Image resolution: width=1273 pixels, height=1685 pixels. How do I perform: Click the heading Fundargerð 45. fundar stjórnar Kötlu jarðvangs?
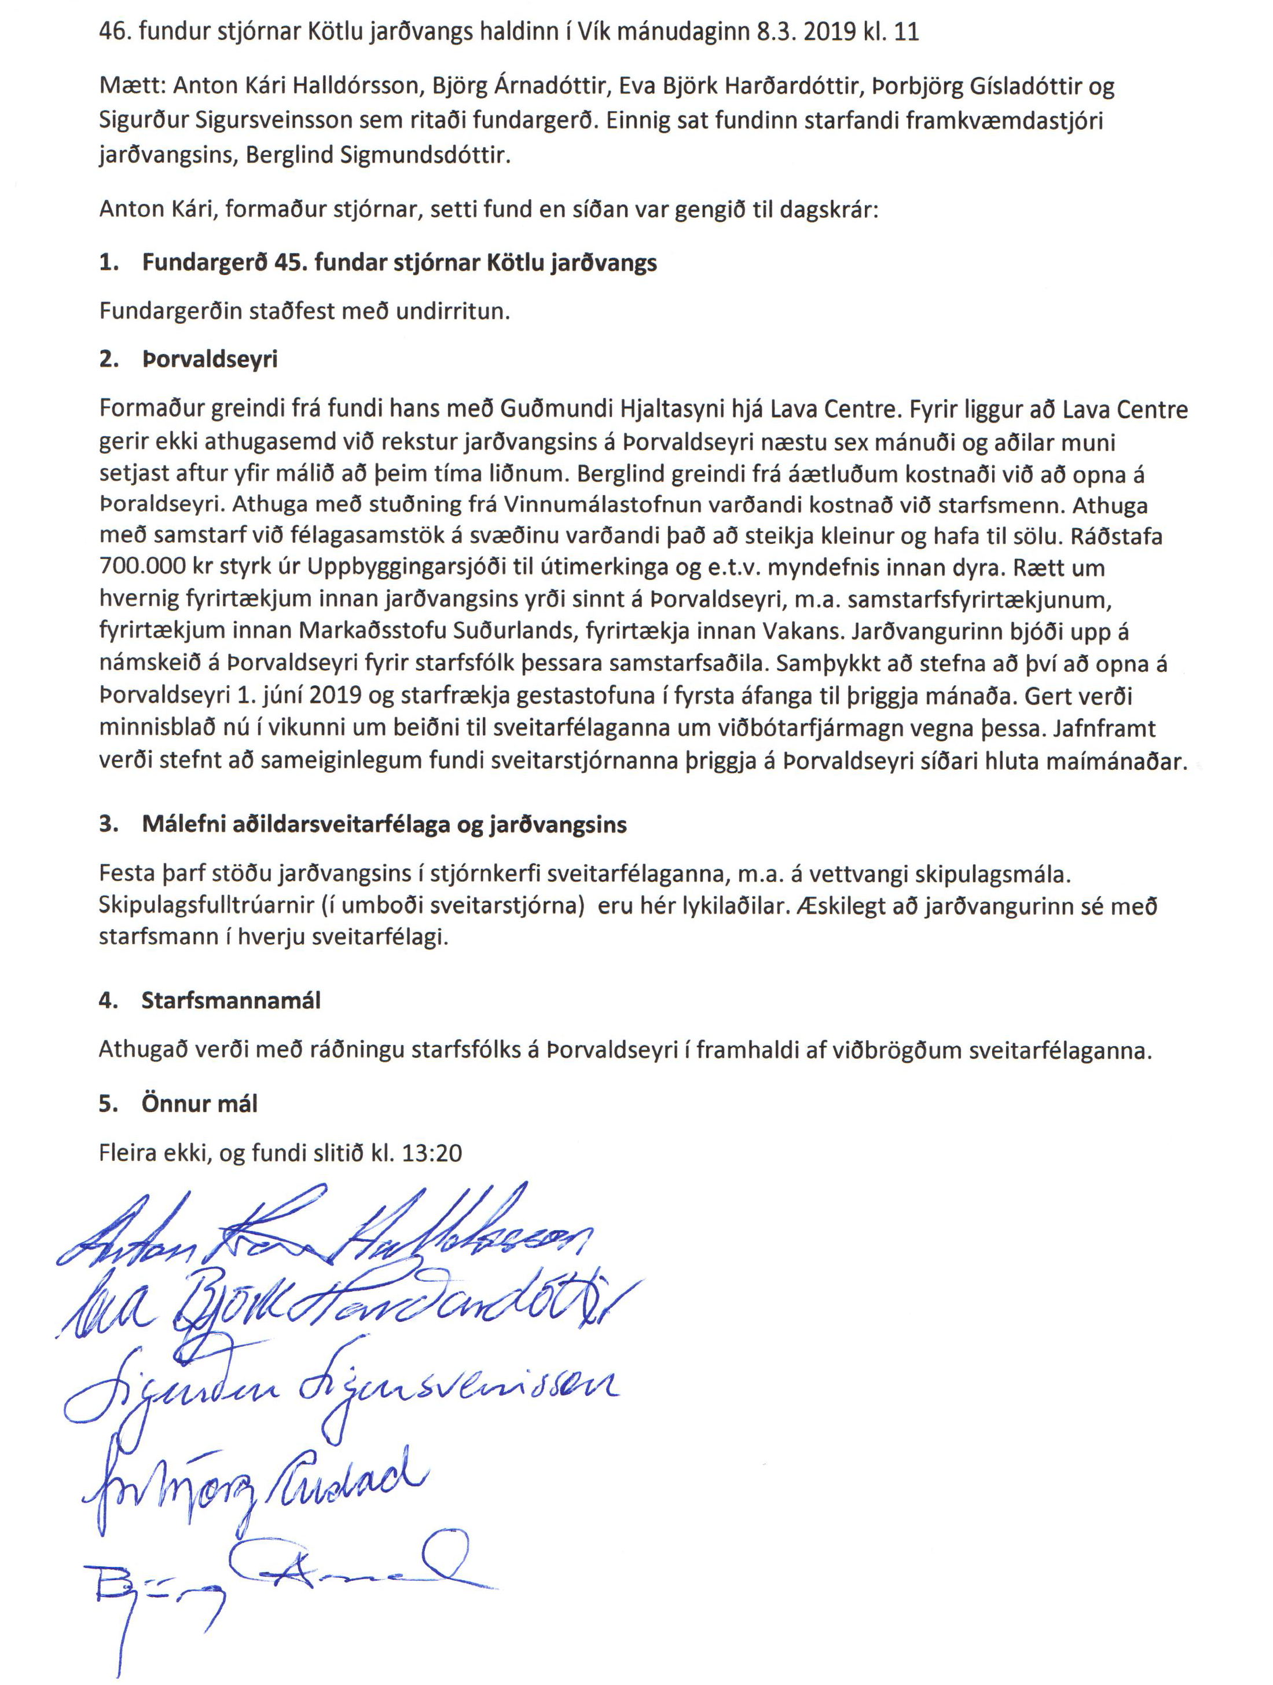coord(399,263)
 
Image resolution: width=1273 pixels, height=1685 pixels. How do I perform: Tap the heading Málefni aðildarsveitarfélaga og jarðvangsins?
coord(384,824)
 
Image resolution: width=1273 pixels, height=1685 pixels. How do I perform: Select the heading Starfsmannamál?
coord(231,1000)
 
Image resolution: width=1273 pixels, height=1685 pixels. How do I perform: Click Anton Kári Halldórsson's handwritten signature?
coord(320,1232)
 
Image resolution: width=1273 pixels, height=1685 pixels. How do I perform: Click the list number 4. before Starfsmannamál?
coord(108,1000)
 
